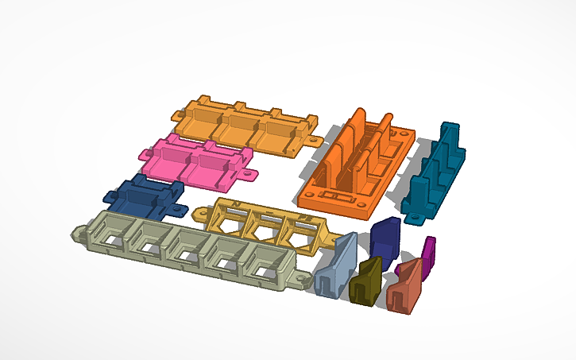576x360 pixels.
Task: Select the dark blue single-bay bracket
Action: [x=143, y=196]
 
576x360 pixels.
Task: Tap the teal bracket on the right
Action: [x=433, y=171]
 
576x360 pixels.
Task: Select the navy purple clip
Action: [x=385, y=238]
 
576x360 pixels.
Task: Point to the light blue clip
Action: [x=334, y=267]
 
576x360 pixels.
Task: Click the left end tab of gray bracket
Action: [x=80, y=234]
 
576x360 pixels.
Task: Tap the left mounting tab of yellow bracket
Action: [x=200, y=213]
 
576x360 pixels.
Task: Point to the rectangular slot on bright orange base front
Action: [x=342, y=194]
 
